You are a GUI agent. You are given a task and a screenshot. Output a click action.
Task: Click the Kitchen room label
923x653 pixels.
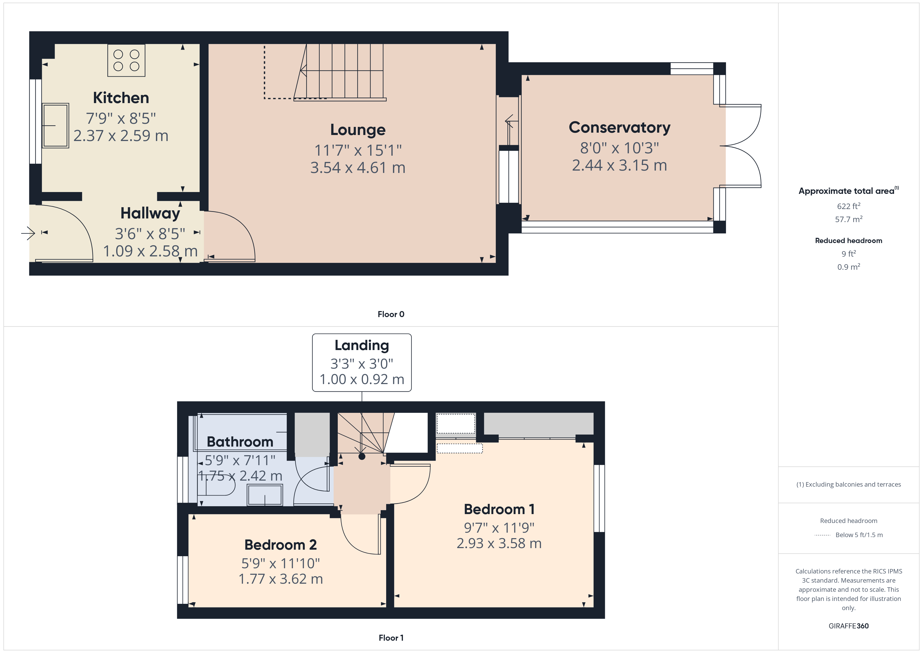121,98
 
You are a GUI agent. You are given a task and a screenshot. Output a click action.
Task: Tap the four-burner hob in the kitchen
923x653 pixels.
126,60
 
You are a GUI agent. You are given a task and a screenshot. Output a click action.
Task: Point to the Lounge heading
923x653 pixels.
358,130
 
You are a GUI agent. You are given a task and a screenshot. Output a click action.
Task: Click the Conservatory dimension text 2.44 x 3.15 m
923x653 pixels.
620,165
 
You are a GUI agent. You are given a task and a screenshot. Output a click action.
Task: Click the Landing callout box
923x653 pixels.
362,362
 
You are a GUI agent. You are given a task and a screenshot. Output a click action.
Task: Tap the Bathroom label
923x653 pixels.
240,442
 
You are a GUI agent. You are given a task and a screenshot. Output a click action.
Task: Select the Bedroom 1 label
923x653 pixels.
499,509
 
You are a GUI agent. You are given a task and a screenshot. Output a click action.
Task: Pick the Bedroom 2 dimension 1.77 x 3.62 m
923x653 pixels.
281,579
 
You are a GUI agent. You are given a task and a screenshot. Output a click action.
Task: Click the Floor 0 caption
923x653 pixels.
391,314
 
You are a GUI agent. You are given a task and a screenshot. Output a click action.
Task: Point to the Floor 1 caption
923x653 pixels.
391,638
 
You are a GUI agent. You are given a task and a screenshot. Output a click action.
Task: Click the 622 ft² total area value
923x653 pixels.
849,206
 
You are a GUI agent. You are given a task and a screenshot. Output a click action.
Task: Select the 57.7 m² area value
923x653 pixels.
849,219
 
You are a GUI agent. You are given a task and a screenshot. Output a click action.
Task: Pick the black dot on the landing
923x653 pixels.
362,456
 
